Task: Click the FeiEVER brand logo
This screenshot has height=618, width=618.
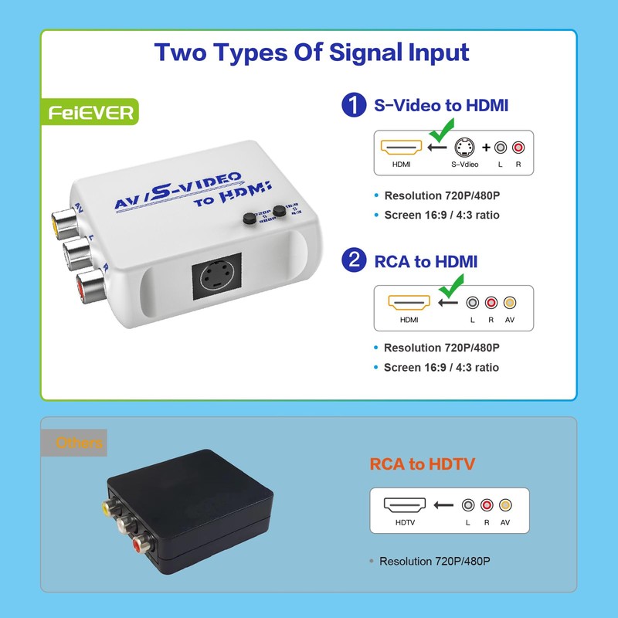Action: coord(91,113)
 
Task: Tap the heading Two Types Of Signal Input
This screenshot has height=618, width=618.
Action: coord(311,53)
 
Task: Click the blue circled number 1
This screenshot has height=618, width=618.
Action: coord(354,105)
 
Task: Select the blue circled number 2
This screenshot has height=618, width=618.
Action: coord(354,261)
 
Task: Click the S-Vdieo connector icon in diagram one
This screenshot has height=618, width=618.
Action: coord(464,148)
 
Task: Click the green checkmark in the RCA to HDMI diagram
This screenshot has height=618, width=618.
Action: coord(449,293)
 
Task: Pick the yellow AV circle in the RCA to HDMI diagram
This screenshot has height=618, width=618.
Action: coord(508,304)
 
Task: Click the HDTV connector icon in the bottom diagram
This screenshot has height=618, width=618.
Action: coord(405,506)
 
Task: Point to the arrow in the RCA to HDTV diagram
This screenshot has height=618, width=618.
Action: coord(443,506)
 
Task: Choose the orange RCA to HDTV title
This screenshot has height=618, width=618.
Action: coord(422,464)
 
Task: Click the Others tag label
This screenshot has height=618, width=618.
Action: coord(79,443)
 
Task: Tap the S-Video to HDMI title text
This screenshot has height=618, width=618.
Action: coord(441,105)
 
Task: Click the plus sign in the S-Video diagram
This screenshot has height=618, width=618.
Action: coord(487,148)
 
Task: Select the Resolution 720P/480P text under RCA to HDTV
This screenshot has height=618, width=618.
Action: coord(435,562)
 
